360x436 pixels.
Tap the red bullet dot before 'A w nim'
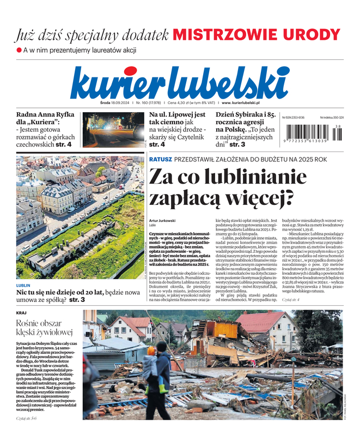[19, 50]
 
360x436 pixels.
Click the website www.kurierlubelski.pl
[241, 102]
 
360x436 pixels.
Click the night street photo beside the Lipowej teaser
[113, 130]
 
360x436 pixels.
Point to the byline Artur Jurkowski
[162, 220]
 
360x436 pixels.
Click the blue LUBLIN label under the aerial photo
[23, 285]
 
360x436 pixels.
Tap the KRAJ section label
[22, 313]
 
